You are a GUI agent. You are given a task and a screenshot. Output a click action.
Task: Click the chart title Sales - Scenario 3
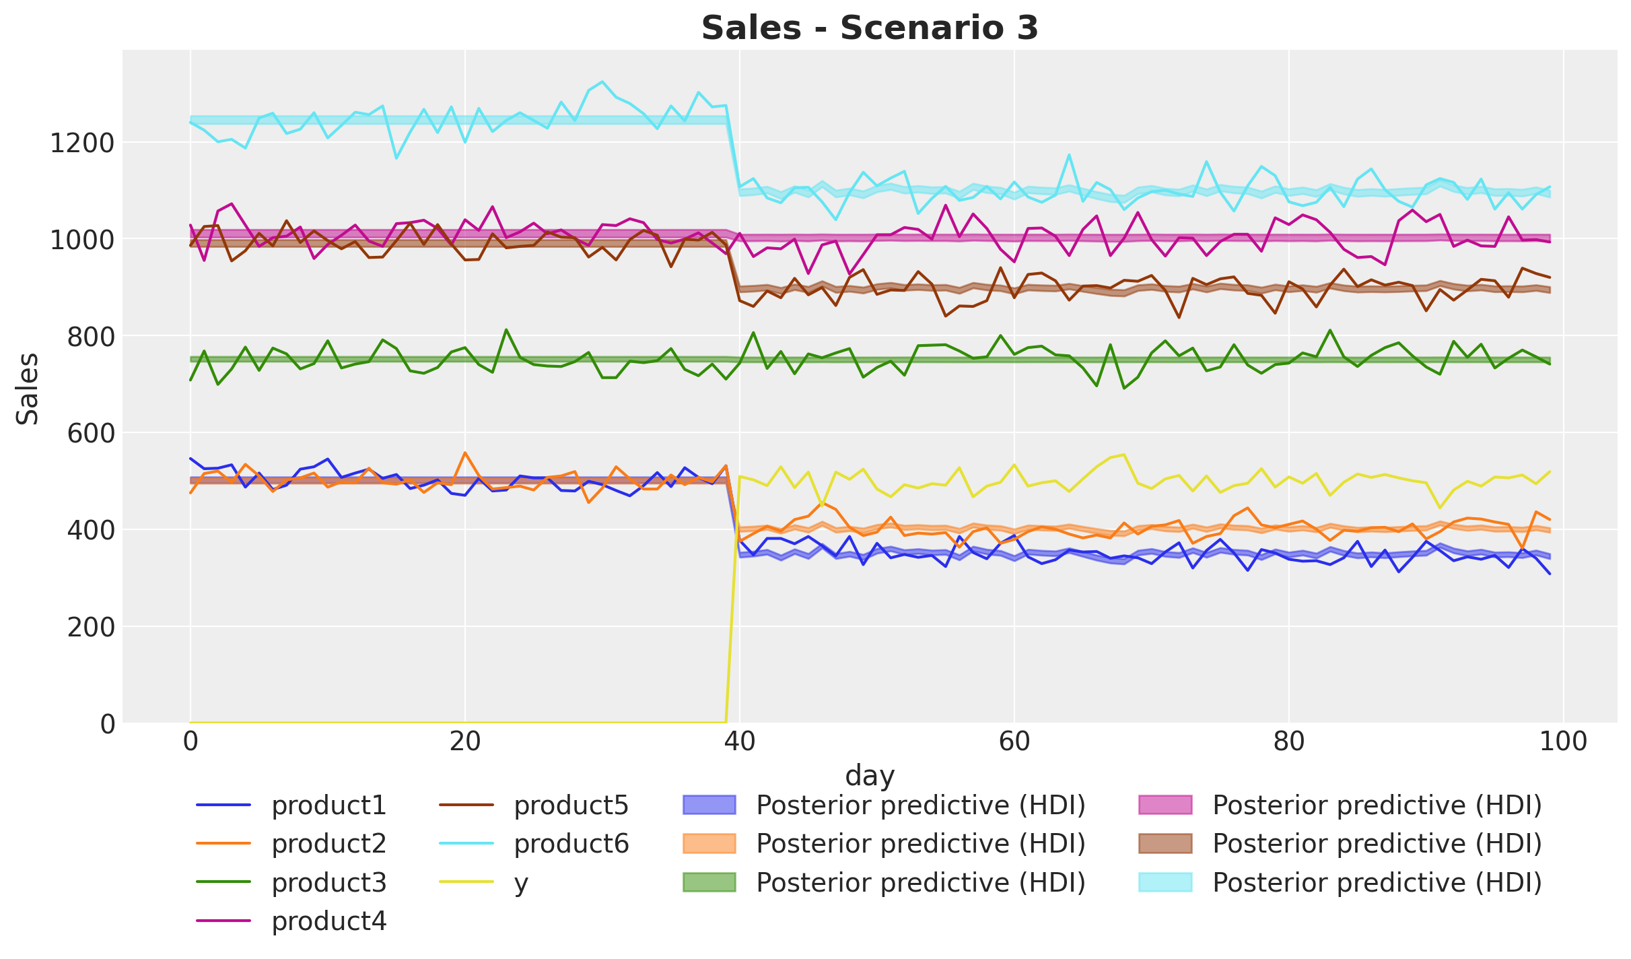[x=870, y=28]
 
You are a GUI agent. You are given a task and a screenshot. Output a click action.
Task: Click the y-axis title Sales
[x=28, y=389]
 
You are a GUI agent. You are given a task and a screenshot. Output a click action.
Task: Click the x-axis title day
[x=870, y=775]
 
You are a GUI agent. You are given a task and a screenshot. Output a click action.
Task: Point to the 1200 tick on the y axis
[x=83, y=143]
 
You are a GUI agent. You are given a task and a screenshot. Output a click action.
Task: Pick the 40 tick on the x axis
[x=740, y=742]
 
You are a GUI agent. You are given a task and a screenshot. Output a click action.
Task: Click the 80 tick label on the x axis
[x=1288, y=742]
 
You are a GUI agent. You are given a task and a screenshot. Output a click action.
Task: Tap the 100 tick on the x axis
[x=1563, y=742]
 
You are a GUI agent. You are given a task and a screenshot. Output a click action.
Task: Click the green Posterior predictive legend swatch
[x=709, y=882]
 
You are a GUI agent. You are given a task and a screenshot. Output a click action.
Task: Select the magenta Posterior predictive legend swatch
[x=1165, y=805]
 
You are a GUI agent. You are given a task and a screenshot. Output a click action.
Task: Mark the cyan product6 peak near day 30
[x=602, y=81]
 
